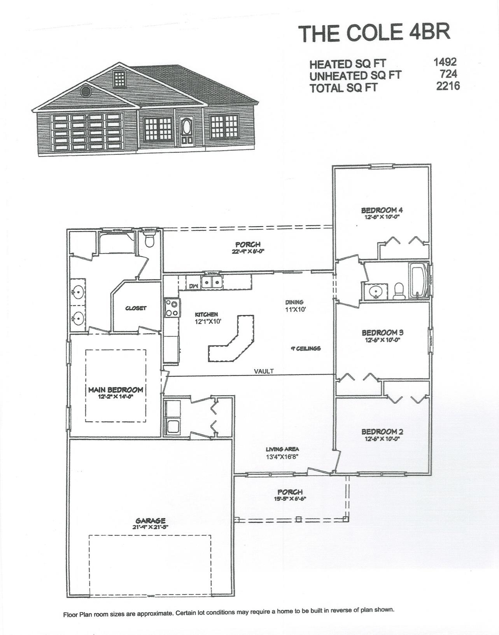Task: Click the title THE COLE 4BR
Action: pos(374,33)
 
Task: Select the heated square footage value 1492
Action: pos(445,61)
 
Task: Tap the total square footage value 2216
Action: pos(448,86)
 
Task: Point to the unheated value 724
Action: pos(448,73)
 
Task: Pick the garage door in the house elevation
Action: pos(88,132)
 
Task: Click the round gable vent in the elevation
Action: pos(85,91)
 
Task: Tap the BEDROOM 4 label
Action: pos(379,210)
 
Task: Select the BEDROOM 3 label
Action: pos(382,333)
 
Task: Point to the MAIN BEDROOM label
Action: pos(116,390)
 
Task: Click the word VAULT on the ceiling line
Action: pos(264,371)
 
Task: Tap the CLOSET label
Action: pos(136,308)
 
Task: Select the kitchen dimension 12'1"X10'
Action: pos(208,321)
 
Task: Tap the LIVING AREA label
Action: pos(282,449)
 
